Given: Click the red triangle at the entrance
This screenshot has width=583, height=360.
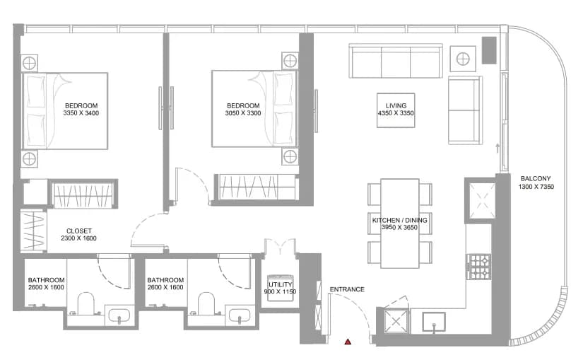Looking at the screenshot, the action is pos(348,342).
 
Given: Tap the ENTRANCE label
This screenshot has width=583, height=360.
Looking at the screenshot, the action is pos(347,289).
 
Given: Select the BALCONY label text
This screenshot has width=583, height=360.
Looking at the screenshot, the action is pos(536,179).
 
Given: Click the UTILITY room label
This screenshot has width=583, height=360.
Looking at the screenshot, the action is pos(281,285).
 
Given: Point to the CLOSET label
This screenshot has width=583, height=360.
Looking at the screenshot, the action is pos(79,231).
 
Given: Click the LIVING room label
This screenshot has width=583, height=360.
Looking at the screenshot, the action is pos(396,105).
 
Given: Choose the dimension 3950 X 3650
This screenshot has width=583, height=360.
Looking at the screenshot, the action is pos(399,228).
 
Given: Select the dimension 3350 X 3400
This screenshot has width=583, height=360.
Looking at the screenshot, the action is pos(81,113).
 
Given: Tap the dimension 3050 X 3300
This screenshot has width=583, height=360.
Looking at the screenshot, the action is pos(243,113).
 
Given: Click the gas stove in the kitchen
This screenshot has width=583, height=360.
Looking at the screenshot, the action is pos(479,267).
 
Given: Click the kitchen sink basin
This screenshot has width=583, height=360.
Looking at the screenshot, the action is pos(433,322).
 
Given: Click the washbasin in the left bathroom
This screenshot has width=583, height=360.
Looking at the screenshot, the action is pos(119,315).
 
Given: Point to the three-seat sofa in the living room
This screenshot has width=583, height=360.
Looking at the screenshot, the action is pos(396,61).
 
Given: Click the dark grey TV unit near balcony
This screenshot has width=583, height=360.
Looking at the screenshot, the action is pos(489,50).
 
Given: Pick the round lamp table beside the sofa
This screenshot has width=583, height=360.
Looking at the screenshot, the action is pos(463,59).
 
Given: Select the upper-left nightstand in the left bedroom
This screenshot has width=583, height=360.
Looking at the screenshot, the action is pos(29,63).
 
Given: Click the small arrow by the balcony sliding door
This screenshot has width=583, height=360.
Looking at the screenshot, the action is pos(497,148).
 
